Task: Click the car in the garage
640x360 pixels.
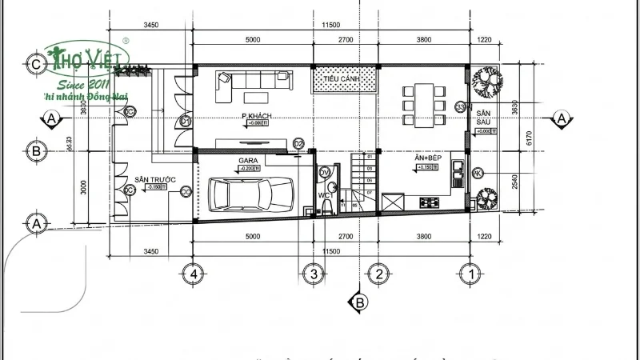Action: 250,194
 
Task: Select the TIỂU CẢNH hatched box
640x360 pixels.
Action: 344,79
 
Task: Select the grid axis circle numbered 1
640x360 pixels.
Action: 474,274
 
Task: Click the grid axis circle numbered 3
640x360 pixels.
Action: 314,274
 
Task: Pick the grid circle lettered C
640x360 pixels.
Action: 34,64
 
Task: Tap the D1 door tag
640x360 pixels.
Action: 185,121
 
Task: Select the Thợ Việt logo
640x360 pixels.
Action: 88,60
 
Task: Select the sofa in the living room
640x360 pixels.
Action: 254,79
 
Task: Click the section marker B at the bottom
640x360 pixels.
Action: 359,303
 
